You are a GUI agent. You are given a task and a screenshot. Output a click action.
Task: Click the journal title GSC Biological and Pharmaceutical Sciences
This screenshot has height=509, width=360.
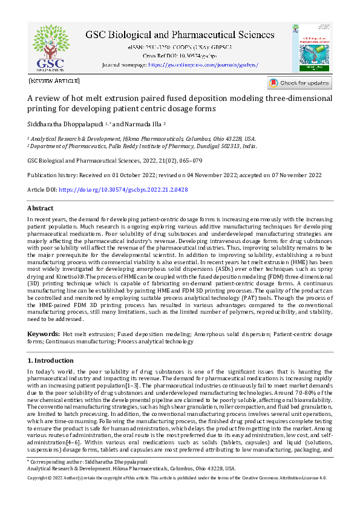click(x=179, y=34)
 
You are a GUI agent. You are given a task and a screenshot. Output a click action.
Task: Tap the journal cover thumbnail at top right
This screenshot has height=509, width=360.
click(x=316, y=47)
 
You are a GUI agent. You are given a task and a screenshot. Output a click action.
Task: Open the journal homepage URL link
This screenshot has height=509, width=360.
click(x=203, y=64)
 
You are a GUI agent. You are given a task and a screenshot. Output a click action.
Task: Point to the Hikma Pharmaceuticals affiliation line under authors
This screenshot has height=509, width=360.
click(x=142, y=138)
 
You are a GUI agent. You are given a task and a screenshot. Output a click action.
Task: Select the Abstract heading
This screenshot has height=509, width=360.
click(x=41, y=208)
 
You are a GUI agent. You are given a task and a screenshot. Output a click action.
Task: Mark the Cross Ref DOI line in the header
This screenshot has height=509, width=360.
click(x=179, y=55)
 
